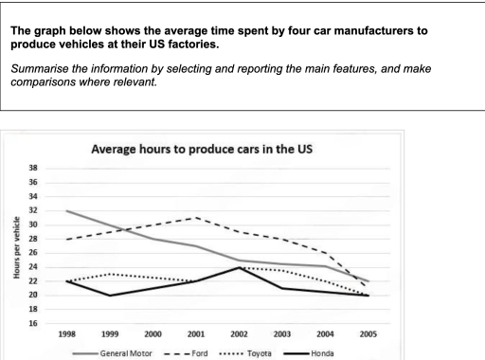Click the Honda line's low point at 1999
pos(109,296)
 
